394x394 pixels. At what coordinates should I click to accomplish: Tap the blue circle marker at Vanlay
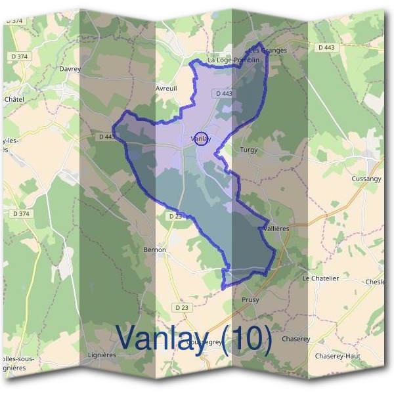202,139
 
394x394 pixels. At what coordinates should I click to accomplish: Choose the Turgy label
250,150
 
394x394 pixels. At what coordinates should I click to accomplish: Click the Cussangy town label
366,179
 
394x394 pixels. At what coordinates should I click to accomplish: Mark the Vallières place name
276,229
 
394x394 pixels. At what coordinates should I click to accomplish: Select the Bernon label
154,250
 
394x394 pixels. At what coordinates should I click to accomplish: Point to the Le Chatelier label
320,278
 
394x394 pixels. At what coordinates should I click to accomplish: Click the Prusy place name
250,300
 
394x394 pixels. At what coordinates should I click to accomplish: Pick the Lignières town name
102,355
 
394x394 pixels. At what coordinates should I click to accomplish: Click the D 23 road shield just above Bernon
174,215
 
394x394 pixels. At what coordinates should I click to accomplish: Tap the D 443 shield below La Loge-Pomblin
224,94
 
